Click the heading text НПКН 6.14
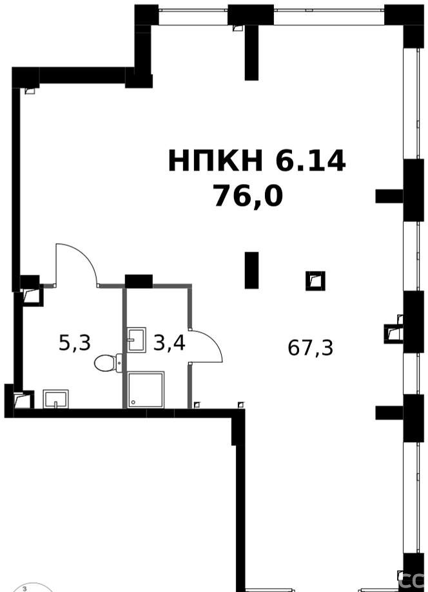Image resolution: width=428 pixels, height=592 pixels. pyautogui.click(x=257, y=160)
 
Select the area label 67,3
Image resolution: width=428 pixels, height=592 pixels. pyautogui.click(x=311, y=347)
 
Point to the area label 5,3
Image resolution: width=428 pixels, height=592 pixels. pyautogui.click(x=75, y=343)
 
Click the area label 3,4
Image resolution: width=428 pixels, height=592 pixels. pyautogui.click(x=169, y=343)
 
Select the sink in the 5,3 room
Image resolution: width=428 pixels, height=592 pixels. pyautogui.click(x=55, y=399)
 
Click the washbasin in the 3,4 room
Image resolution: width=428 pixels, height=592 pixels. pyautogui.click(x=136, y=339)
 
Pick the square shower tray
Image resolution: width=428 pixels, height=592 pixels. pyautogui.click(x=146, y=390)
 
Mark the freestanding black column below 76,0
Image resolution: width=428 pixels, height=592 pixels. pyautogui.click(x=251, y=270)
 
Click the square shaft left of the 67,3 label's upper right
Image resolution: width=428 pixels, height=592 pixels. pyautogui.click(x=315, y=281)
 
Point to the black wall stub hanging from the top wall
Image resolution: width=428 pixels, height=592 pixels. pyautogui.click(x=251, y=53)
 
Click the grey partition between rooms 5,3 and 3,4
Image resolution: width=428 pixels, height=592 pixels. pyautogui.click(x=124, y=348)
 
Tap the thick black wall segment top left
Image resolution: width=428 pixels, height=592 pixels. pyautogui.click(x=83, y=75)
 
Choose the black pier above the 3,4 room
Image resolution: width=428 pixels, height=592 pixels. pyautogui.click(x=139, y=281)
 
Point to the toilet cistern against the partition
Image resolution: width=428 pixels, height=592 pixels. pyautogui.click(x=119, y=363)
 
